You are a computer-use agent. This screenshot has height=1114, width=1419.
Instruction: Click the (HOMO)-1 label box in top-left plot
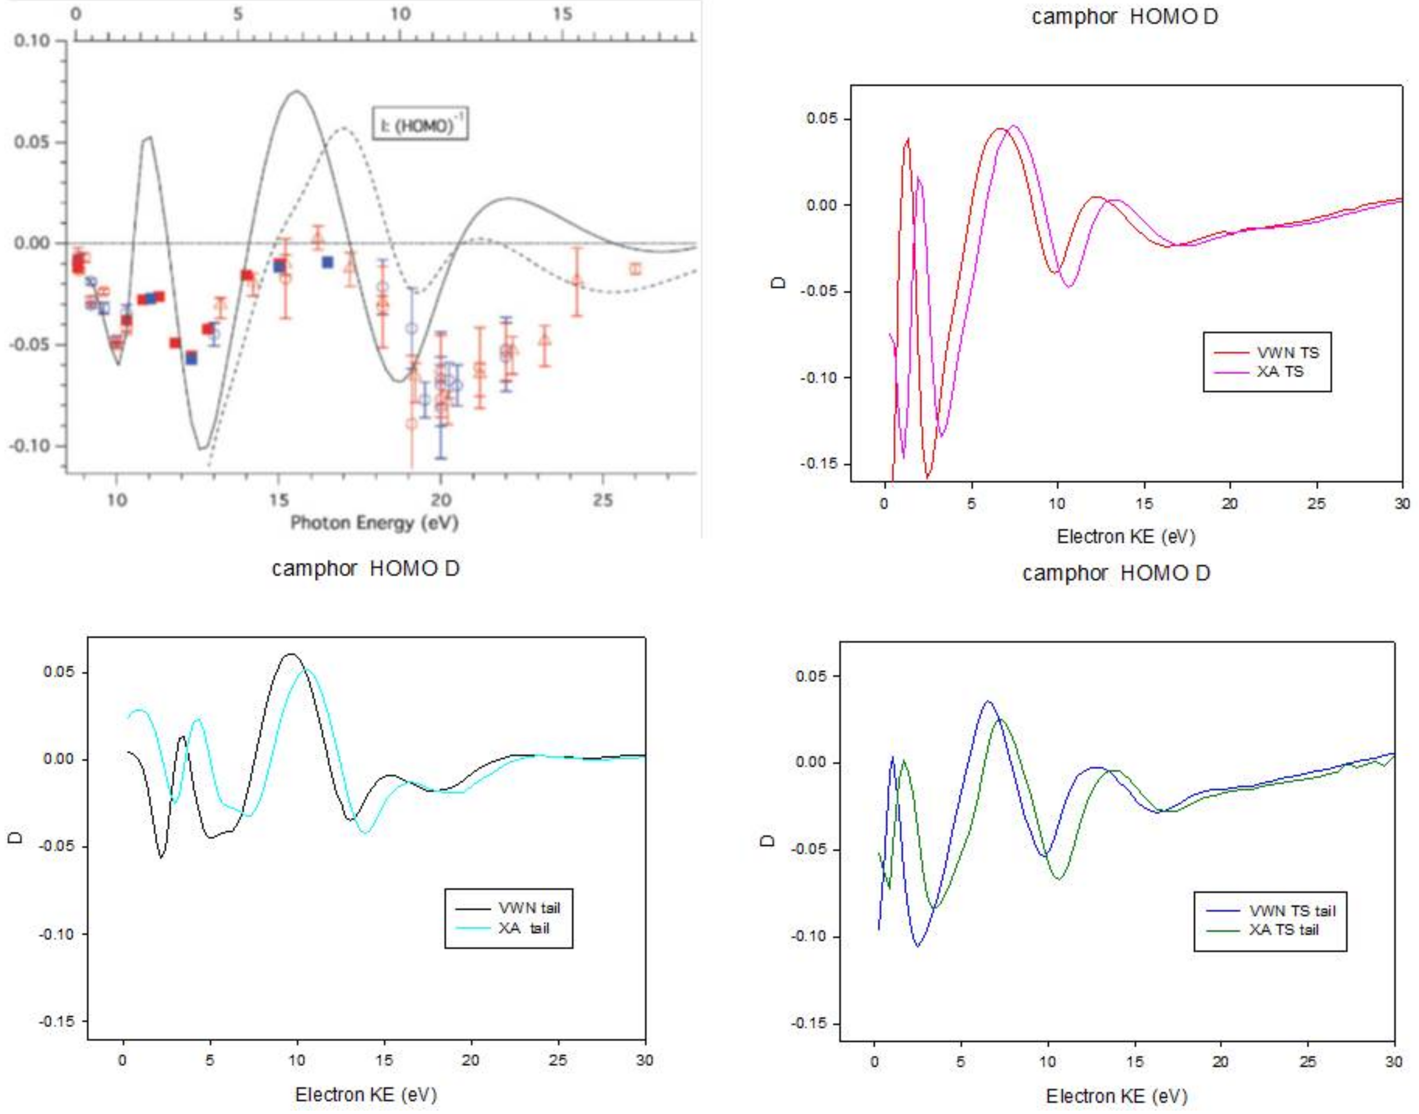(421, 124)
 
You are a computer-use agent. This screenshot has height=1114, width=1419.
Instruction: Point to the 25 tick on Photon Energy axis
(603, 500)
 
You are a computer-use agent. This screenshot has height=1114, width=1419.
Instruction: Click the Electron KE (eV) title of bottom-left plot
(366, 1095)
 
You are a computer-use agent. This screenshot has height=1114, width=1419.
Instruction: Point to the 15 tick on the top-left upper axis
(562, 14)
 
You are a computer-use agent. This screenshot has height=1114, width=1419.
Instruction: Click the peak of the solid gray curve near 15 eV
(297, 91)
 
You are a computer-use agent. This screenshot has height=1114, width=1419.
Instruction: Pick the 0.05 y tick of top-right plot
(820, 119)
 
